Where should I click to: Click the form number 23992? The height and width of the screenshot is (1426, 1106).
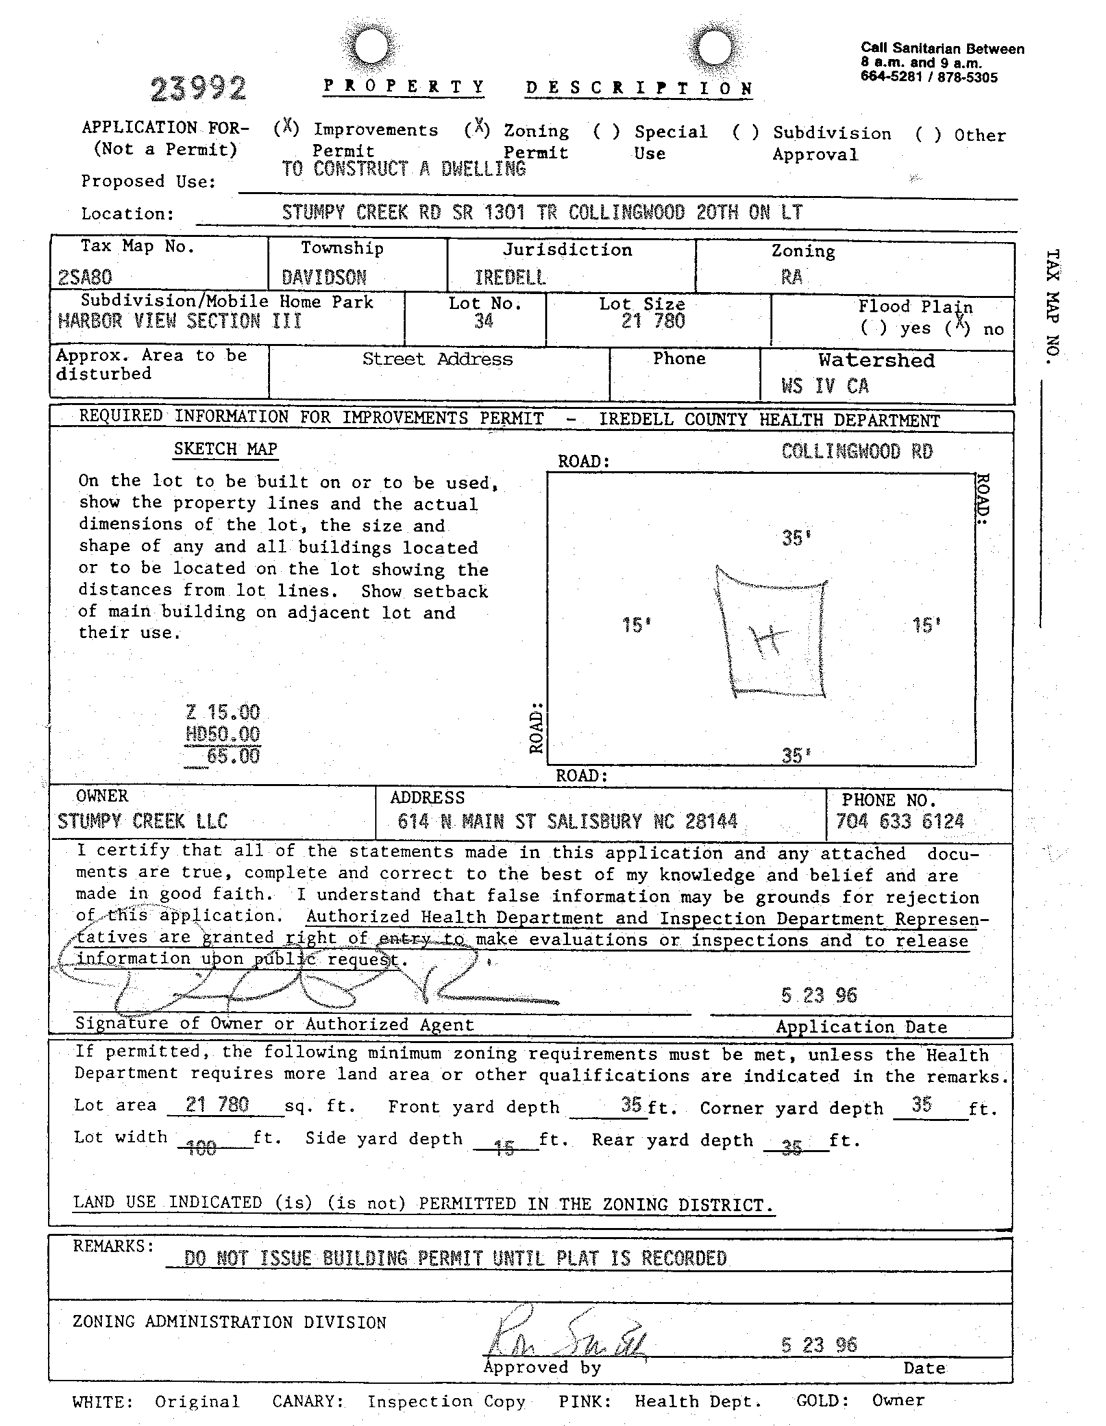pos(199,89)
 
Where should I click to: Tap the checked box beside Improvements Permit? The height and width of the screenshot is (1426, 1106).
pos(286,128)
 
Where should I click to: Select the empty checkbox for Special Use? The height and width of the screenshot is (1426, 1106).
pos(606,131)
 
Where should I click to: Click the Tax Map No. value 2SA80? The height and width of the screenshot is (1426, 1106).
pos(85,278)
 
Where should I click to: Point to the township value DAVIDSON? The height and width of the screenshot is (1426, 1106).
pos(324,278)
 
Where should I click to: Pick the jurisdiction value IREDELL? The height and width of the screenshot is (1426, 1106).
pos(510,278)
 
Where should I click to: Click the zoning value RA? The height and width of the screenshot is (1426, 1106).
pos(791,278)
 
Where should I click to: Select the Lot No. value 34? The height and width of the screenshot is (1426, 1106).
pos(484,321)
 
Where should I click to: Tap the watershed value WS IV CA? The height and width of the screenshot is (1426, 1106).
pos(824,386)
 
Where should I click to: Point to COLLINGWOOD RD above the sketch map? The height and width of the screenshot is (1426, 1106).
pos(857,451)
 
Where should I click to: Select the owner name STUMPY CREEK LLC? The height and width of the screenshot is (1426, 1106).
pos(142,821)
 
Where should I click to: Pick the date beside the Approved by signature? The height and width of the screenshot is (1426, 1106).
pos(818,1344)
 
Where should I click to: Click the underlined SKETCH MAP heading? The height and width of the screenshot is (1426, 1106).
pos(225,449)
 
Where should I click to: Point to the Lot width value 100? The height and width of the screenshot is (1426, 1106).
pos(201,1148)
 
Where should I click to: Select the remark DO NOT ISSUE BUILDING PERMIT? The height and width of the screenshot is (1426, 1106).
pos(455,1257)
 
